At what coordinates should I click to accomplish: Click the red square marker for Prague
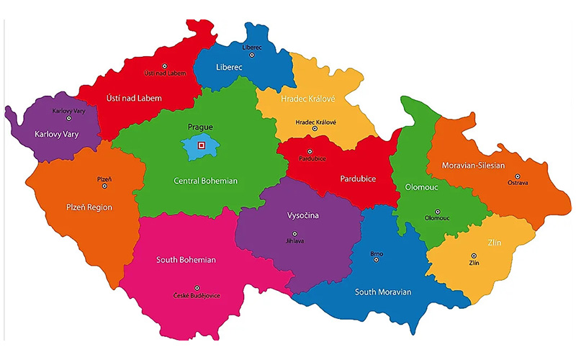202,145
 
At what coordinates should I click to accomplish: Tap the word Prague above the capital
200,127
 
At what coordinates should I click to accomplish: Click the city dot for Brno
376,261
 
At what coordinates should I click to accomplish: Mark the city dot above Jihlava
294,233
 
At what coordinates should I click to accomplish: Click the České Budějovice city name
197,295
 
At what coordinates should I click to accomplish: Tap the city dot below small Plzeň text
104,186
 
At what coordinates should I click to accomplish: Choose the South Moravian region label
383,292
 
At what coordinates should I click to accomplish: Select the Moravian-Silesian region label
474,166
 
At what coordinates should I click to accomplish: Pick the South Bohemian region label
186,259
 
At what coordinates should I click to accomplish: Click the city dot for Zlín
474,256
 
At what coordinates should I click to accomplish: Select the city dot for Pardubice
310,151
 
